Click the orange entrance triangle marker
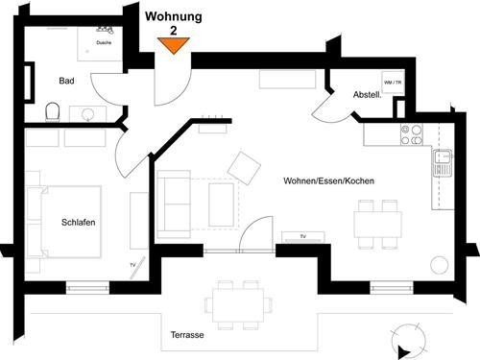[174, 45]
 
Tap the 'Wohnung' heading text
[173, 16]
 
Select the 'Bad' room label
[66, 81]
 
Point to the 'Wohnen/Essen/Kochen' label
[328, 181]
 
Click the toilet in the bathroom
[53, 112]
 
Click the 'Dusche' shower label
[103, 42]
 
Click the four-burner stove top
[412, 135]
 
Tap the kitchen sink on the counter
[443, 162]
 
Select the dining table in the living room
[378, 224]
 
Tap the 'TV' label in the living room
[302, 235]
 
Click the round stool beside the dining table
[441, 263]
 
